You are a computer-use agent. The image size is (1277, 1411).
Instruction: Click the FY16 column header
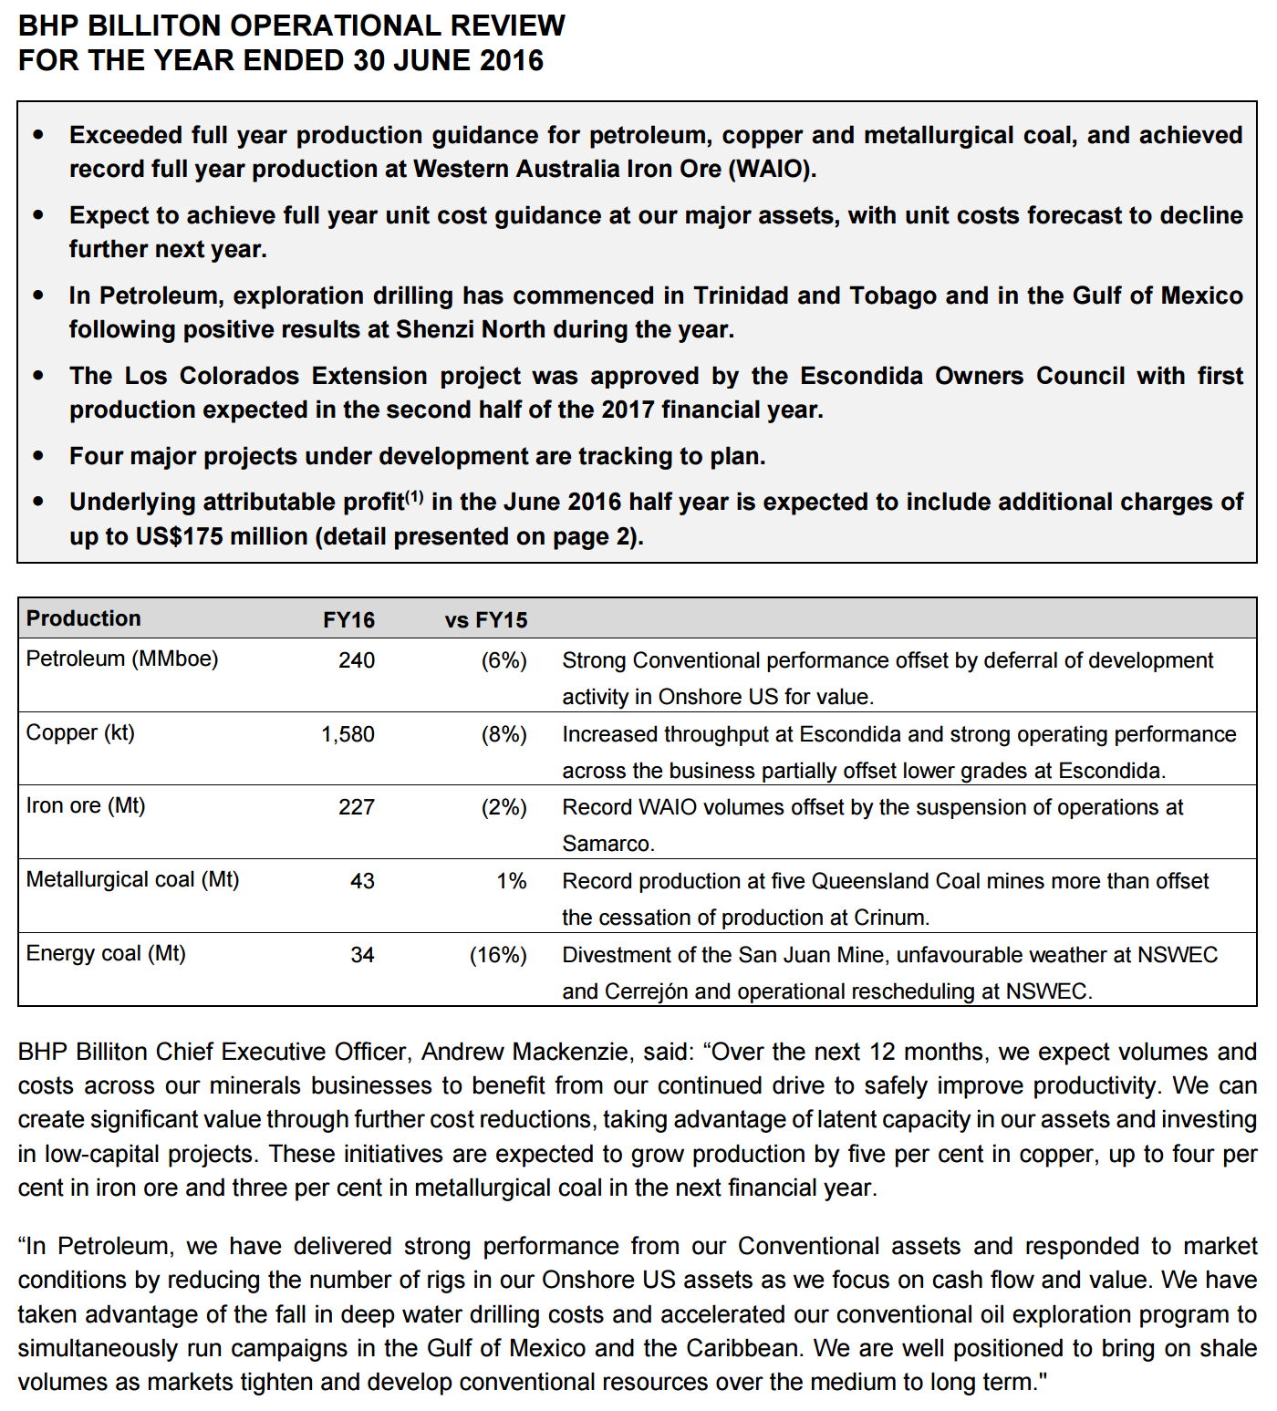click(x=348, y=620)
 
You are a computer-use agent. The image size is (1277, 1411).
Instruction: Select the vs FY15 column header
click(x=486, y=620)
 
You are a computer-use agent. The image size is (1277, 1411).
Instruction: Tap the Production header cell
click(x=83, y=618)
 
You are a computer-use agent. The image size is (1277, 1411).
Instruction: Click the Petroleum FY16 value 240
click(x=357, y=660)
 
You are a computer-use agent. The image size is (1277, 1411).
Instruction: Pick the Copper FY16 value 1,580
click(x=348, y=734)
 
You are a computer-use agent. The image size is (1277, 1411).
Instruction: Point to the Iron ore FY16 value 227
click(x=357, y=807)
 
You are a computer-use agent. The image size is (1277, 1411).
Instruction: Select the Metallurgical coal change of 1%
click(x=512, y=881)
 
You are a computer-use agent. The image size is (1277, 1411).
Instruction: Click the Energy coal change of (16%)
click(x=498, y=955)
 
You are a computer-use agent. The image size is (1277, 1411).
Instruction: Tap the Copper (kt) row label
click(x=80, y=732)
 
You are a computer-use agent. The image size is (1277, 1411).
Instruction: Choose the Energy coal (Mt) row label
click(x=106, y=953)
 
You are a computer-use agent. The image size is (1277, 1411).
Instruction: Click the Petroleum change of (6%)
click(x=504, y=660)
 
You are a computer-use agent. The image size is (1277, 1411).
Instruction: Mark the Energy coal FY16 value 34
click(x=362, y=955)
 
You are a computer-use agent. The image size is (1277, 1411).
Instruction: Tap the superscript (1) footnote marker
click(x=414, y=496)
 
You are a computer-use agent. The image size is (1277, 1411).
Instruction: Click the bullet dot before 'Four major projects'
click(x=38, y=455)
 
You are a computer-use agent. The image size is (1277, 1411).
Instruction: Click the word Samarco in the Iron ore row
click(x=607, y=844)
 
